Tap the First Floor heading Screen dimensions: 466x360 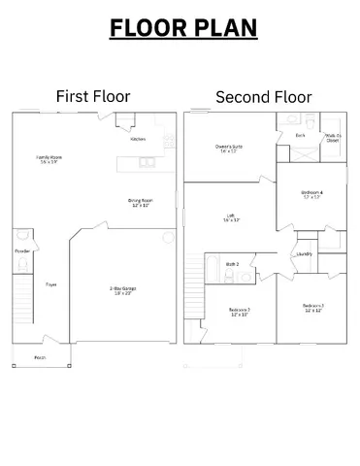tap(93, 96)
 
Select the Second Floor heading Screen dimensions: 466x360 tap(263, 96)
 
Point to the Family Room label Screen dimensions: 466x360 tap(49, 158)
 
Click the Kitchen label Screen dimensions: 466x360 tap(139, 139)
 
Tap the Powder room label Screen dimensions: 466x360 tap(22, 250)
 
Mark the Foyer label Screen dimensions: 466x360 tap(50, 284)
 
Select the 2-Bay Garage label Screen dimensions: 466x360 tap(121, 288)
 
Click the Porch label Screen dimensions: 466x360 tap(40, 357)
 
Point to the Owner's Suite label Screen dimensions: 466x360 tap(229, 148)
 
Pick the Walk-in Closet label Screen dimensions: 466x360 tap(332, 138)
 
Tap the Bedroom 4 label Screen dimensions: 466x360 tap(311, 194)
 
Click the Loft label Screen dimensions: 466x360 tap(230, 217)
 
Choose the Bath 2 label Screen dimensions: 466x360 tap(233, 263)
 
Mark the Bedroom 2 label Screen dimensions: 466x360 tap(239, 311)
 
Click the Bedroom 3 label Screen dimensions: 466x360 tap(312, 307)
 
